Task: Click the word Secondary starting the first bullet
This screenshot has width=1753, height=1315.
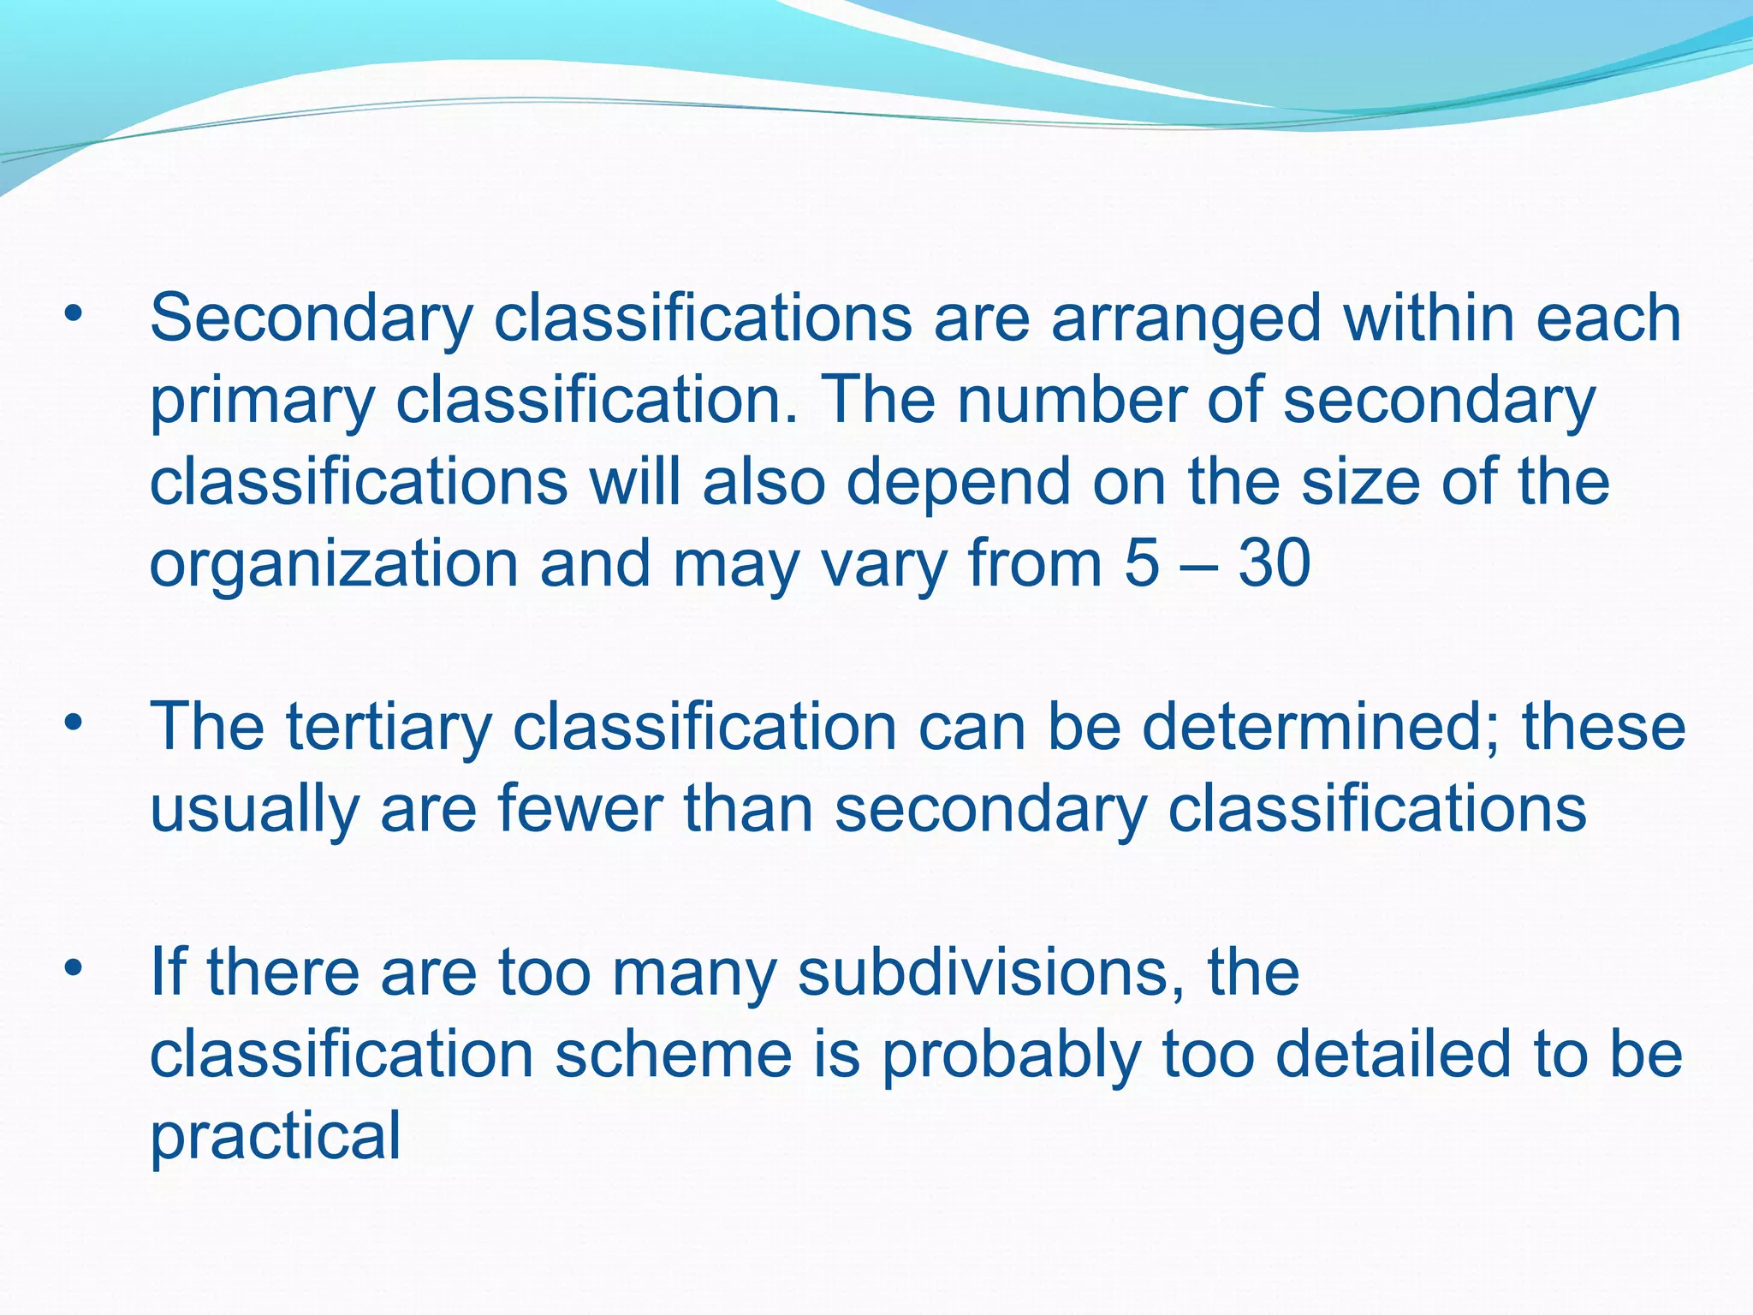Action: coord(311,319)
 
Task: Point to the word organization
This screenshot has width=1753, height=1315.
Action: coord(334,565)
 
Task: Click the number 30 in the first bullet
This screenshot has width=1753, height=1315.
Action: coord(1275,565)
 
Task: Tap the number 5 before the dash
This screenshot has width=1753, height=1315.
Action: coord(1142,565)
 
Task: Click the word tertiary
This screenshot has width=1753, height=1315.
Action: coord(389,728)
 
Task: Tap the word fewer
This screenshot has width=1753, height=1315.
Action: coord(579,810)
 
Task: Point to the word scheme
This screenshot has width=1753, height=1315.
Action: coord(673,1055)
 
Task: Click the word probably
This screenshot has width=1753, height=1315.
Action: coord(1011,1056)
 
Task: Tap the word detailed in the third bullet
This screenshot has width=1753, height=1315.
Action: coord(1393,1055)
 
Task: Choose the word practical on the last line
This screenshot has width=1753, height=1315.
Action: coord(275,1138)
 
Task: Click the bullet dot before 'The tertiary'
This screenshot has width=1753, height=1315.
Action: coord(74,724)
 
